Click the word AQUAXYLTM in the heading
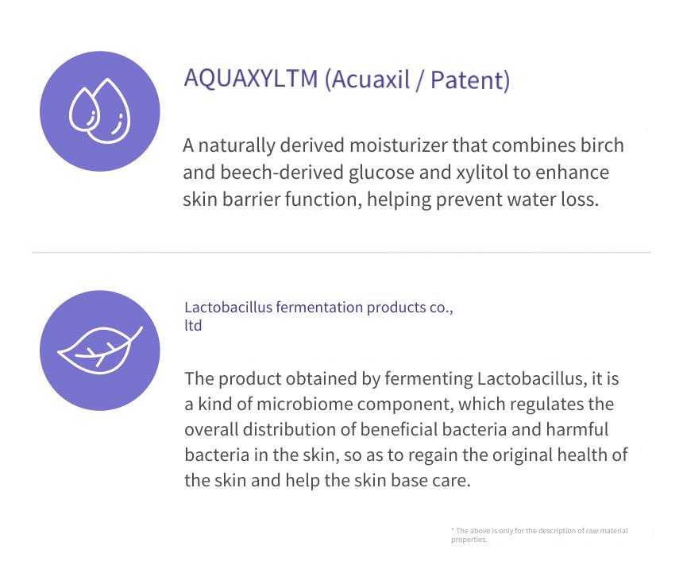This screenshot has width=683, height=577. (251, 79)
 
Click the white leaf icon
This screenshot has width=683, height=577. (100, 350)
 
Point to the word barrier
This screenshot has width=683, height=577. (250, 199)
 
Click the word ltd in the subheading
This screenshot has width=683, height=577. (193, 326)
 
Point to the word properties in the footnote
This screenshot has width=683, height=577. (469, 540)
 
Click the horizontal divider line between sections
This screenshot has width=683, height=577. (341, 252)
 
